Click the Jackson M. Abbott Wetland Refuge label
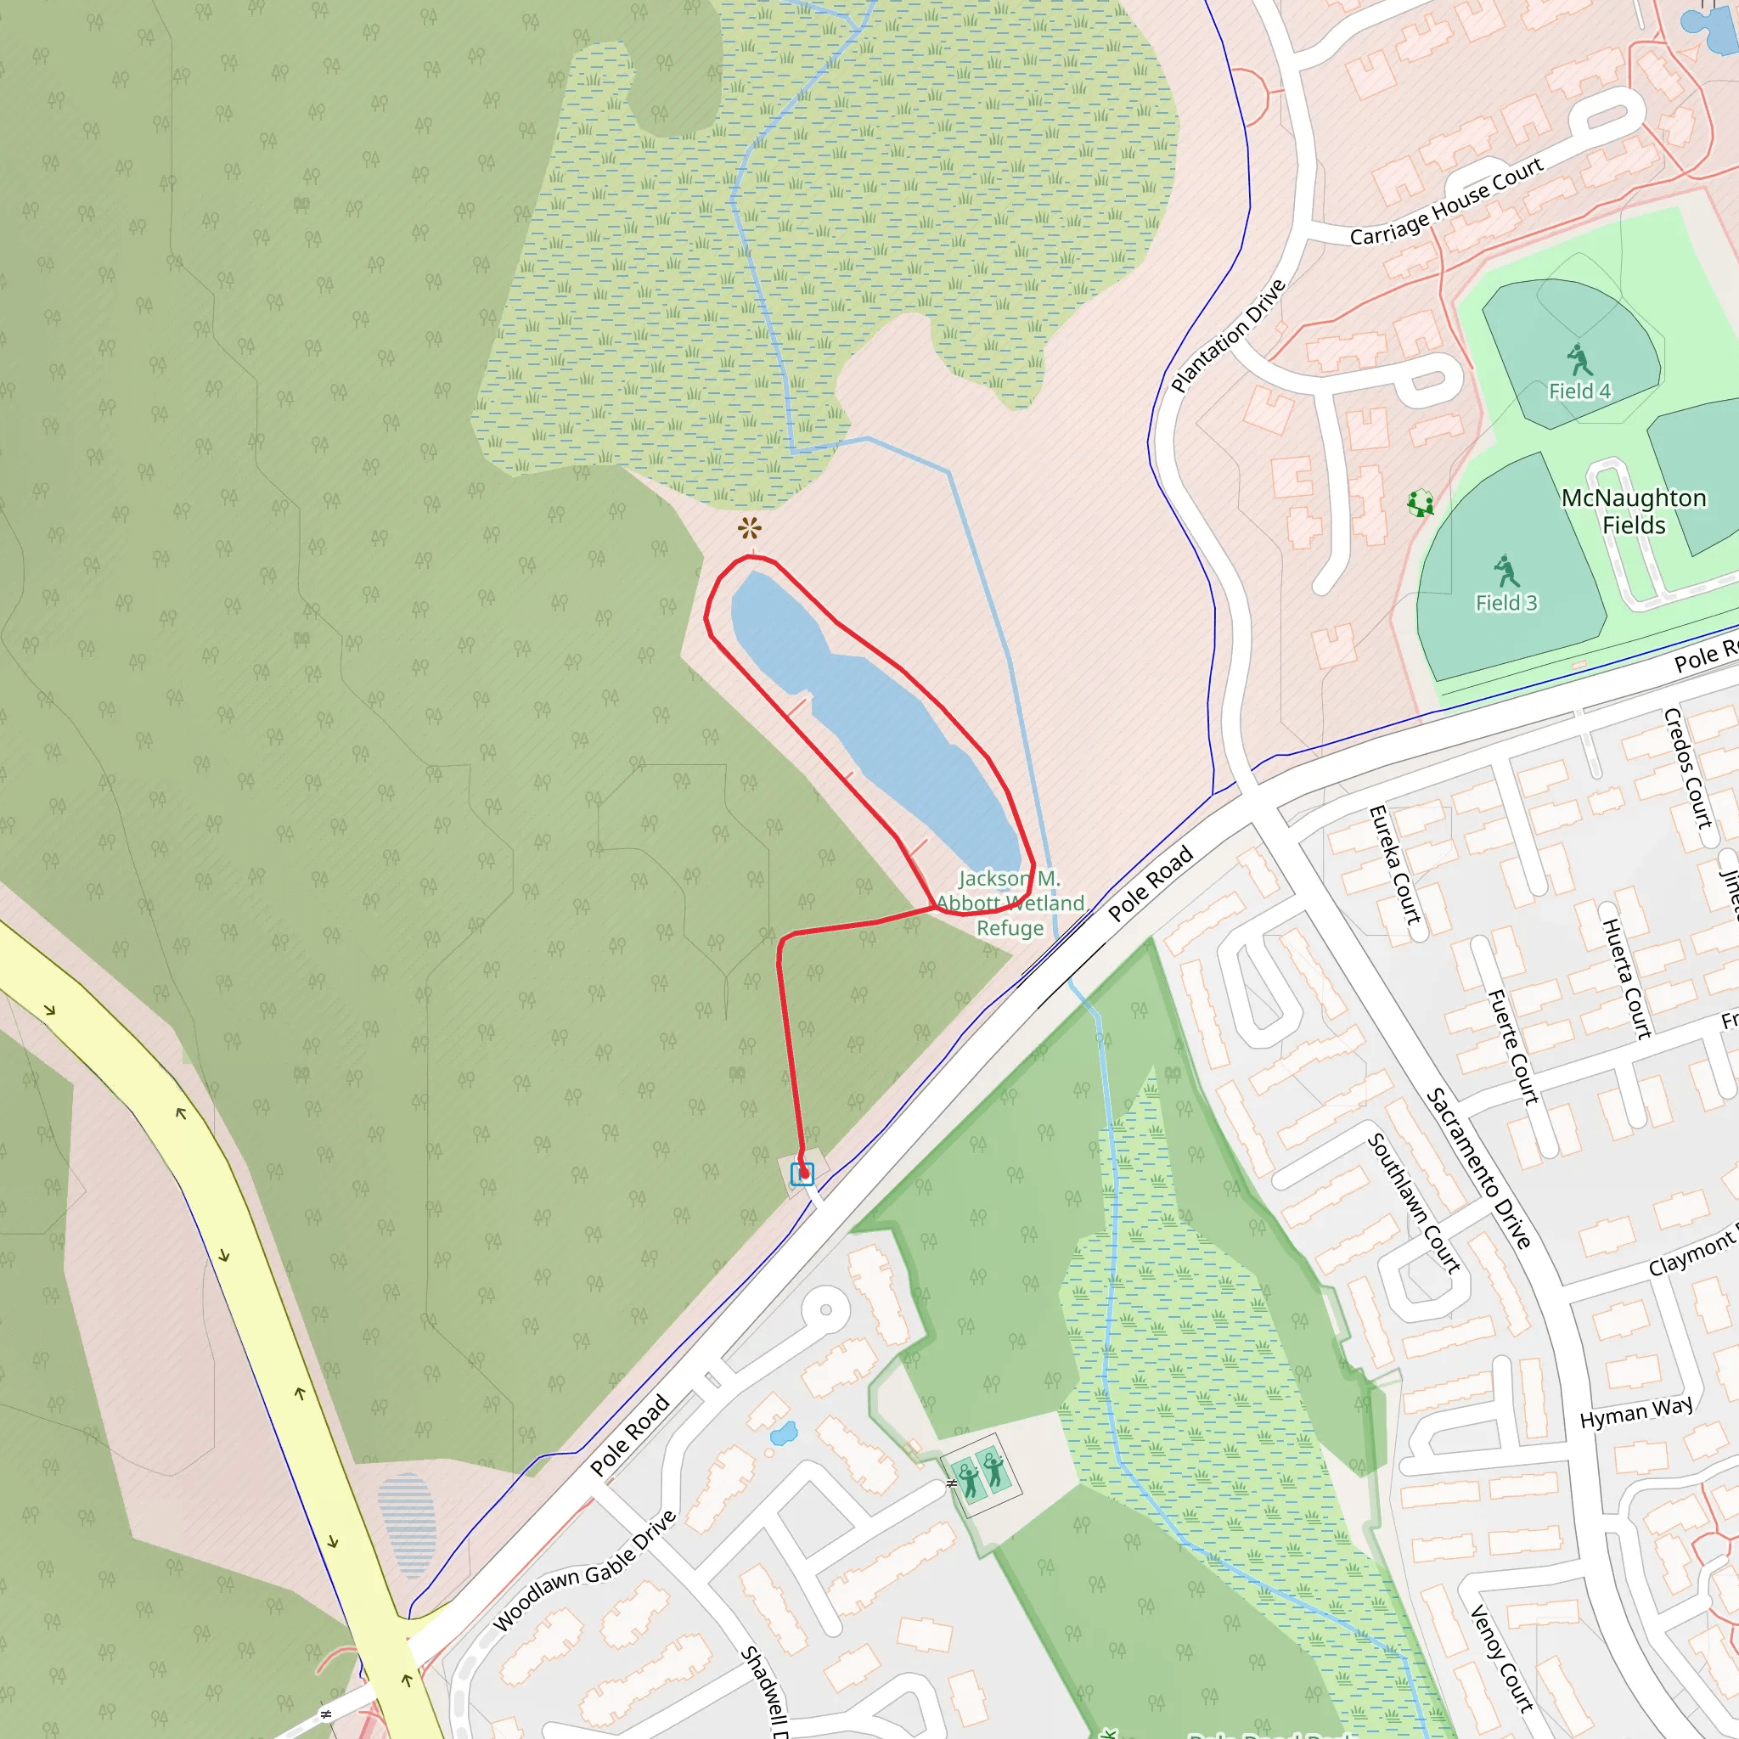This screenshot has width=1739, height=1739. point(1010,903)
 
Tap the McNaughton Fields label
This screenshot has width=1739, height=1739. point(1634,511)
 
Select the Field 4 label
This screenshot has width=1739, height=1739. point(1579,391)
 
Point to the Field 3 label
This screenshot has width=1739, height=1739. point(1505,602)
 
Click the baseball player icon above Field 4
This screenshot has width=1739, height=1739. point(1578,360)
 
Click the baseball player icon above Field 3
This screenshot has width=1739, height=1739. point(1505,571)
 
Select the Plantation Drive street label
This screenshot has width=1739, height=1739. point(1229,335)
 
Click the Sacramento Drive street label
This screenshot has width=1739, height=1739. point(1478,1168)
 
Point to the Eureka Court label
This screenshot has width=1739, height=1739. point(1394,864)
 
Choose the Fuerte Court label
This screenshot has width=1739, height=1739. point(1513,1047)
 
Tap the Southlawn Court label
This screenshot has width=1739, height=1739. point(1413,1202)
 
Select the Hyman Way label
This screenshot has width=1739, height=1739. point(1636,1411)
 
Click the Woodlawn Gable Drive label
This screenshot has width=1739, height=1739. point(585,1572)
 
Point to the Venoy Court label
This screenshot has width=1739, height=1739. point(1500,1658)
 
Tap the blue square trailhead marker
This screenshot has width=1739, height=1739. point(802,1173)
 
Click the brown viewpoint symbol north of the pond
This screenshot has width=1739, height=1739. point(749,528)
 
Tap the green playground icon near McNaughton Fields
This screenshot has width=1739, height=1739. point(1421,504)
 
